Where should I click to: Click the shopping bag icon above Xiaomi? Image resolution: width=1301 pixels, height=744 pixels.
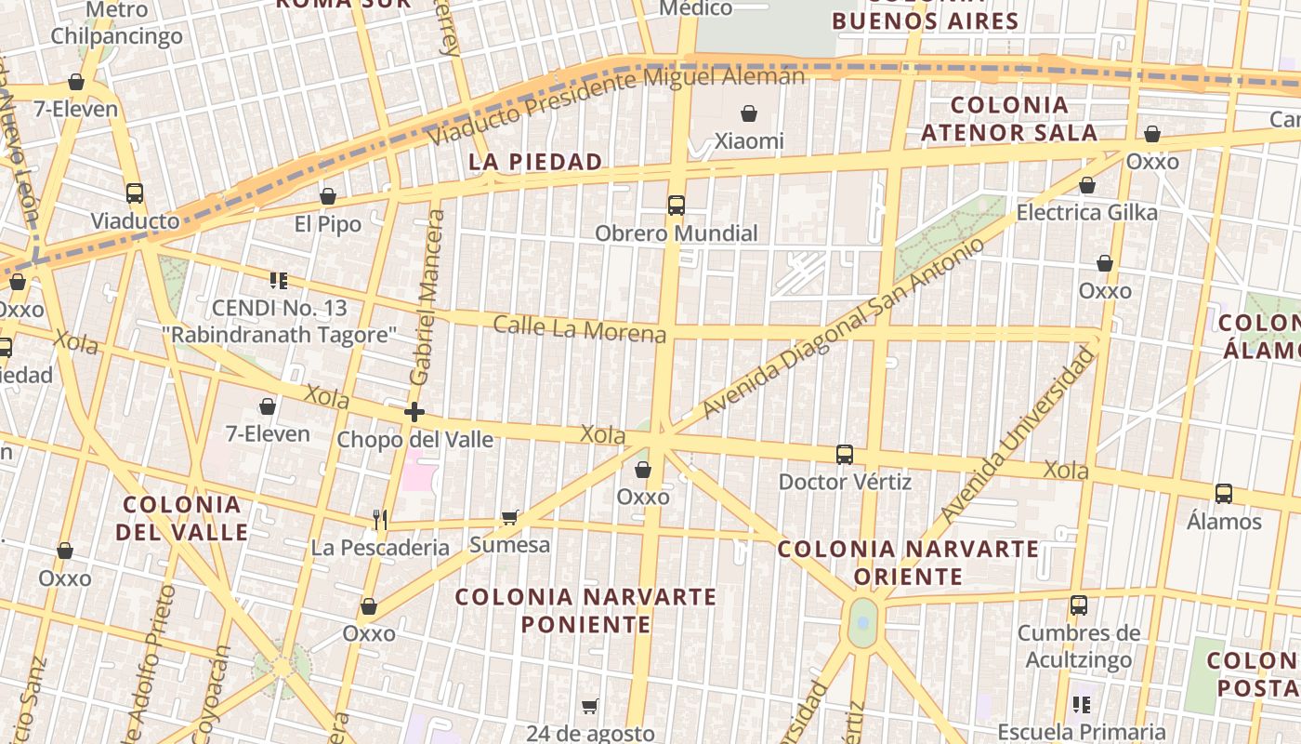(748, 114)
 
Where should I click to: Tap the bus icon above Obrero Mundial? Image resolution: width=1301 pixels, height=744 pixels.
(676, 206)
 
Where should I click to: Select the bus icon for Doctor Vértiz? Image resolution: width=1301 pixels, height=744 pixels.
(844, 455)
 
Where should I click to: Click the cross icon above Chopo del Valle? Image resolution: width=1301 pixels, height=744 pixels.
(414, 411)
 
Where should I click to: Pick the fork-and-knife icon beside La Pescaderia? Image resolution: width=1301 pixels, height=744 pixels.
(379, 519)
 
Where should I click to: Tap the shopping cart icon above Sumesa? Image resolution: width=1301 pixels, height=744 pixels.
(509, 517)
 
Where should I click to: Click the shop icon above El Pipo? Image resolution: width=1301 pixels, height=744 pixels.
(327, 197)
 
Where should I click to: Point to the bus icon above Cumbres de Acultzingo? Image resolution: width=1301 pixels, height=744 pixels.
(1078, 605)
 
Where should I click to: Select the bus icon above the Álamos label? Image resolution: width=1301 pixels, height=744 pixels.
(1224, 494)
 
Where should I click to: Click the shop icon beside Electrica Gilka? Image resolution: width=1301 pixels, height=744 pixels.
(1086, 186)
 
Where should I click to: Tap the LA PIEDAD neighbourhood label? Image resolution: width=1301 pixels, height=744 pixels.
(535, 162)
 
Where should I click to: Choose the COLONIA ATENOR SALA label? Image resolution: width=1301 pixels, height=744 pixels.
(1009, 119)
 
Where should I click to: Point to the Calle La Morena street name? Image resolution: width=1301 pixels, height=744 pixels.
(579, 328)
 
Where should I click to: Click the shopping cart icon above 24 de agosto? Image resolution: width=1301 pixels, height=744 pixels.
(589, 707)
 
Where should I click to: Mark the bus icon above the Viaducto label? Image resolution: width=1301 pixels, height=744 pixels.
(135, 193)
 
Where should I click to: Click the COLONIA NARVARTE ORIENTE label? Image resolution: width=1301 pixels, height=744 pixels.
(908, 563)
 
